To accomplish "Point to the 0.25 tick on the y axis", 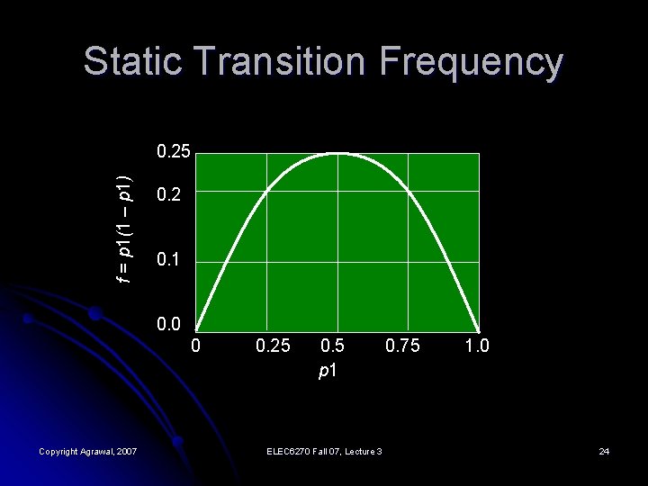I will pyautogui.click(x=173, y=151).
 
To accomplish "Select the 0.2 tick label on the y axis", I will pyautogui.click(x=168, y=194).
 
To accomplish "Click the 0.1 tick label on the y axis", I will pyautogui.click(x=168, y=262).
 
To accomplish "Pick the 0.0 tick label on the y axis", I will pyautogui.click(x=168, y=325).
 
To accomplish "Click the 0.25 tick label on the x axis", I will pyautogui.click(x=273, y=346).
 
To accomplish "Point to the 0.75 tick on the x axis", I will pyautogui.click(x=402, y=346).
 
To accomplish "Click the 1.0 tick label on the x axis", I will pyautogui.click(x=477, y=346).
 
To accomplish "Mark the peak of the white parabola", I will pyautogui.click(x=337, y=154).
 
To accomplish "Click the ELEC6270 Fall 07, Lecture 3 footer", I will pyautogui.click(x=324, y=450).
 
